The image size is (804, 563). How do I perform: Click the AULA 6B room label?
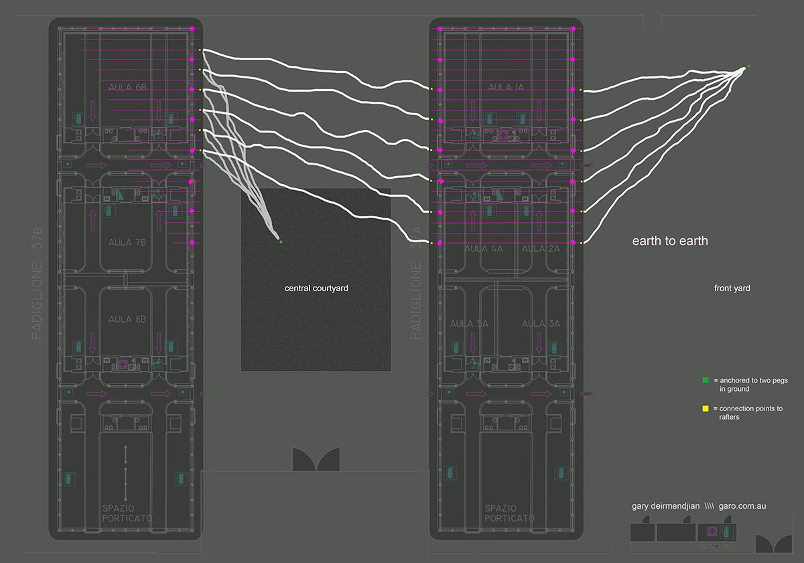click(x=127, y=87)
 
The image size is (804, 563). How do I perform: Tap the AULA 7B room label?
click(x=127, y=242)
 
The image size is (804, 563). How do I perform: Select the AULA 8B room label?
click(x=127, y=319)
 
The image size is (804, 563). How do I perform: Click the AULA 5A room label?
click(x=469, y=324)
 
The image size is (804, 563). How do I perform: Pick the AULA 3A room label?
click(x=541, y=324)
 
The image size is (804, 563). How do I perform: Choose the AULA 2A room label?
click(x=541, y=248)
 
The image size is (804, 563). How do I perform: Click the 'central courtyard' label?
click(x=316, y=289)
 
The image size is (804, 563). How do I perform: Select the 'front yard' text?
click(x=732, y=289)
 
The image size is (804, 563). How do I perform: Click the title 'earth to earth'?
click(x=670, y=241)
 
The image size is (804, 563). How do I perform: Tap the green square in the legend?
click(x=705, y=380)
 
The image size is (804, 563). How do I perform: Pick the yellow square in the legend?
click(x=705, y=408)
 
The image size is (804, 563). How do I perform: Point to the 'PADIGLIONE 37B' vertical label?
click(x=37, y=283)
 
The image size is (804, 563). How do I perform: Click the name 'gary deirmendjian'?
click(x=662, y=506)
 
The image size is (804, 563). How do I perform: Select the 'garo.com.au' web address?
click(x=742, y=506)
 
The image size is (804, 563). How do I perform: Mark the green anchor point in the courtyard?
click(x=281, y=242)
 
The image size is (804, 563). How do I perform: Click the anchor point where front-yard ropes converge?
click(x=748, y=67)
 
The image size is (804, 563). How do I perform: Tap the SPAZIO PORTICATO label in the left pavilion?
click(x=127, y=513)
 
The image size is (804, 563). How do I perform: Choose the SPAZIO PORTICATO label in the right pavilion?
click(x=509, y=513)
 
